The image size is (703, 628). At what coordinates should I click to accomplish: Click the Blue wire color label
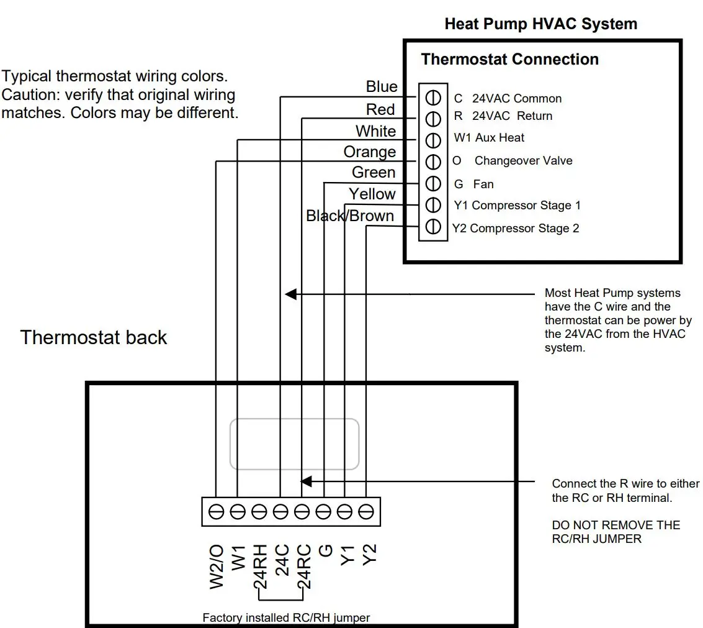(x=382, y=87)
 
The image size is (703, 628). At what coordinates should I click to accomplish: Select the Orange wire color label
(x=370, y=152)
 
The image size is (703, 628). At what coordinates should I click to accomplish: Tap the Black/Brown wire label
(x=350, y=216)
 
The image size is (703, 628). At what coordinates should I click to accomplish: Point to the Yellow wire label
(x=372, y=194)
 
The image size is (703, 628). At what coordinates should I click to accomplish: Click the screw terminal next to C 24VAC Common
(x=432, y=98)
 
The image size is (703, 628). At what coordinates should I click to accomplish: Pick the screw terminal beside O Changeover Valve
(x=432, y=161)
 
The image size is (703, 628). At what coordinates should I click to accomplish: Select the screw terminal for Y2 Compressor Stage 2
(x=432, y=227)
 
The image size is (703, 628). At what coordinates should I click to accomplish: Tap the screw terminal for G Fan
(x=432, y=183)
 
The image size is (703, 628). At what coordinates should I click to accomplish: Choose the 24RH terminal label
(x=260, y=567)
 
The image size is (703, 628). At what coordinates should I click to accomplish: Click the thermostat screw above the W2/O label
(x=216, y=512)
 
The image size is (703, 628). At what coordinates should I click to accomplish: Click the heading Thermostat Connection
(x=509, y=60)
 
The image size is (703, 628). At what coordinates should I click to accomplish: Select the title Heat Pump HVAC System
(x=540, y=24)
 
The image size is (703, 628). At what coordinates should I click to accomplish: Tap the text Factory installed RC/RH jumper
(x=286, y=617)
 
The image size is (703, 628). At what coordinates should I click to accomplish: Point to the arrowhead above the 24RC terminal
(x=306, y=481)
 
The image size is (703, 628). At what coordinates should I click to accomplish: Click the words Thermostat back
(x=94, y=338)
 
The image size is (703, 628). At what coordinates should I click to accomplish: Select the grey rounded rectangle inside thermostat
(x=295, y=444)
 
